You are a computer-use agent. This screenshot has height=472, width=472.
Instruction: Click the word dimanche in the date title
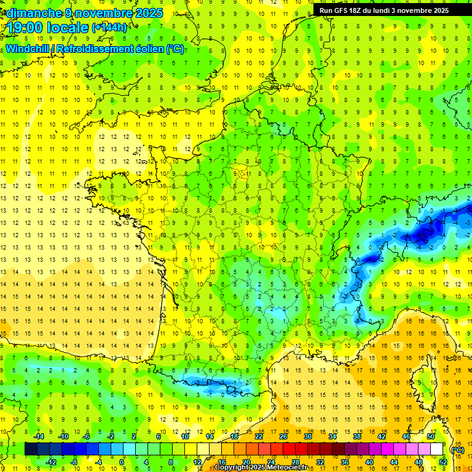[32, 13]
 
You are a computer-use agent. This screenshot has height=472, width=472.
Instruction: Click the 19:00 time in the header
[27, 26]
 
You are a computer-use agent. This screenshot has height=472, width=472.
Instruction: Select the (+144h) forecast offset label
[109, 27]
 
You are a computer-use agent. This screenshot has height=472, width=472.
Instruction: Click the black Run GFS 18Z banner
[384, 10]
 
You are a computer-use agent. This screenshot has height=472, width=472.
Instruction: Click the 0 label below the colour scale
[122, 462]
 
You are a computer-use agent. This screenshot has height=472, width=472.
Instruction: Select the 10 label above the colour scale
[184, 436]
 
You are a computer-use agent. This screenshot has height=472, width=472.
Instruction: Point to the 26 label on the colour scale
[283, 436]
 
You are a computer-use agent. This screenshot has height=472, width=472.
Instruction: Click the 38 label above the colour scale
[356, 436]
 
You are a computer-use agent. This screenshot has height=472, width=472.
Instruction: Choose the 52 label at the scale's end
[442, 462]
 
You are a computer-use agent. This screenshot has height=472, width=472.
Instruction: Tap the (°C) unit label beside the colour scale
[457, 449]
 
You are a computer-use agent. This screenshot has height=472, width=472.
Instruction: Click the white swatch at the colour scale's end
[437, 449]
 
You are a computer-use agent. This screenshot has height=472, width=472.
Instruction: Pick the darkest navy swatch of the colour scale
[31, 449]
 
